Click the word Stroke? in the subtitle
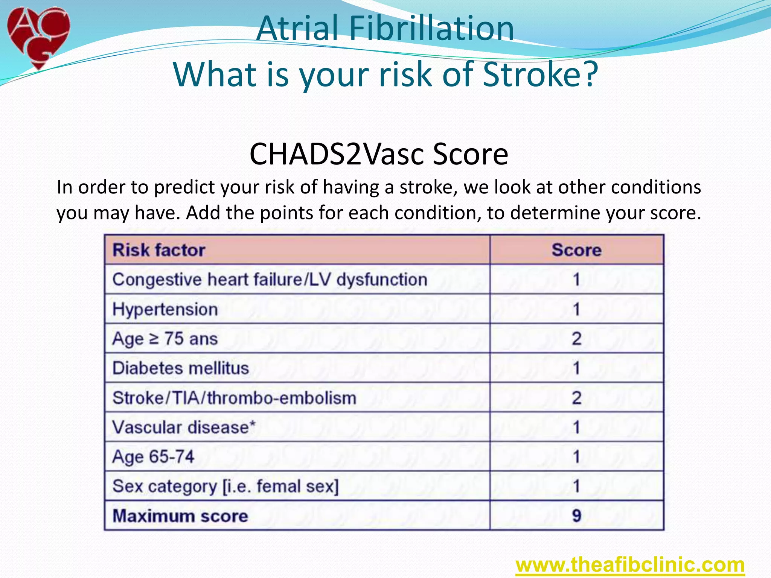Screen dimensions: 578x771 (540, 74)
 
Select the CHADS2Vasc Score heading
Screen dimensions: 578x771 (379, 154)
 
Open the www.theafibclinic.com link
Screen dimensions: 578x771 (630, 565)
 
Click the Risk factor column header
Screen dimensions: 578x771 (159, 250)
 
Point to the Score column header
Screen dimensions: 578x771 (576, 250)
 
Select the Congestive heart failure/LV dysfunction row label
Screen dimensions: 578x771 (270, 280)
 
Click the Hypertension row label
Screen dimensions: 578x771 (165, 309)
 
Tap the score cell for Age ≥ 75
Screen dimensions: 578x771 (576, 339)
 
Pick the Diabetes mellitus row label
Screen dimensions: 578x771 (181, 368)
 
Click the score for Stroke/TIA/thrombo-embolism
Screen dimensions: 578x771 (576, 398)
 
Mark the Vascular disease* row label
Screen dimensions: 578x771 (184, 427)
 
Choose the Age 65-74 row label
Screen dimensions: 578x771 (153, 457)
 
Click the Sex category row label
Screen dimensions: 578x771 (226, 486)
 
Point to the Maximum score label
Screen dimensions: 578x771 (180, 516)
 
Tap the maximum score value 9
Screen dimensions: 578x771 (576, 516)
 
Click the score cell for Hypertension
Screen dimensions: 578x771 (576, 309)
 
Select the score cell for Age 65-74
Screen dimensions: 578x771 (576, 457)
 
